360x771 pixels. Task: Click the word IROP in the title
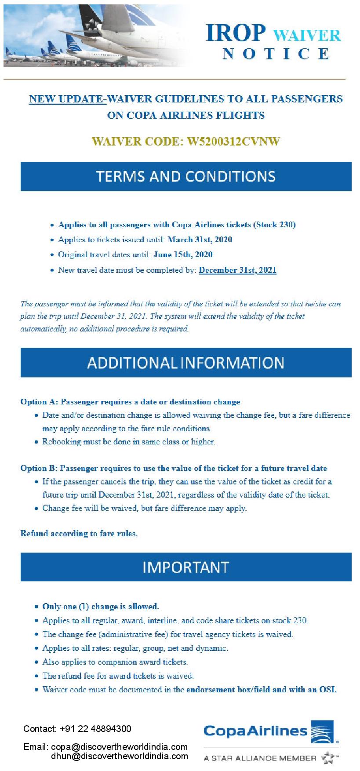[x=236, y=33]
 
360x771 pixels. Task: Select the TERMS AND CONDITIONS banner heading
[x=185, y=176]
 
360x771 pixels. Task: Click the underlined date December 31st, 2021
[x=237, y=270]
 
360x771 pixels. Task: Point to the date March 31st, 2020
[x=200, y=240]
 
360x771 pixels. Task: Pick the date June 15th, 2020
[x=183, y=255]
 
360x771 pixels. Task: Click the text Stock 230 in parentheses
[x=274, y=225]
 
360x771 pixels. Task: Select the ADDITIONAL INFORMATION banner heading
[x=185, y=363]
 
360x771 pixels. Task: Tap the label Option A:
[x=39, y=402]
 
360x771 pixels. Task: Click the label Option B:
[x=39, y=468]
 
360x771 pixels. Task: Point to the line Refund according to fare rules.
[x=79, y=534]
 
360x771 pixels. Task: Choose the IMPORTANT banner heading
[x=185, y=567]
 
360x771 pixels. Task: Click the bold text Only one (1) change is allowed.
[x=101, y=607]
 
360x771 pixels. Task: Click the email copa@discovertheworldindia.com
[x=119, y=747]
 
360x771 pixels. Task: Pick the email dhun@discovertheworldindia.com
[x=119, y=756]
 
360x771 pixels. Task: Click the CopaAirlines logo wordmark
[x=255, y=731]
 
